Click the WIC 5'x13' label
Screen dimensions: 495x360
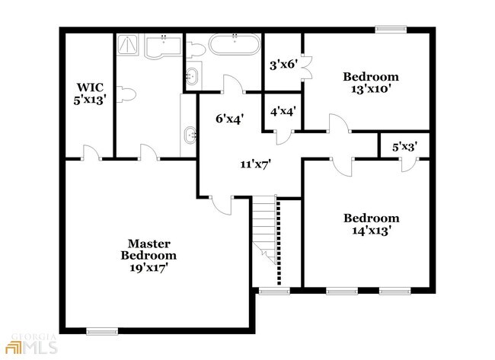[90, 94]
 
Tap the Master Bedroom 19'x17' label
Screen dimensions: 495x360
[148, 256]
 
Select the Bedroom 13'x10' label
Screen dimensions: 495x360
[371, 83]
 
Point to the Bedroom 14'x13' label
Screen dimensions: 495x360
[372, 225]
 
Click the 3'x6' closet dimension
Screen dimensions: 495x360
[284, 65]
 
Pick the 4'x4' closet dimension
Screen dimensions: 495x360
[283, 111]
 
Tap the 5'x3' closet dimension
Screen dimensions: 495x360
[405, 147]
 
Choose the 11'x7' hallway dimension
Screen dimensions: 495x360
[256, 164]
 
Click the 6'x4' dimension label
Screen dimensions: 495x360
[230, 119]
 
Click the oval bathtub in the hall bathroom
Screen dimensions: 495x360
[235, 44]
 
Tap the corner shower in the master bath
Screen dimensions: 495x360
[127, 45]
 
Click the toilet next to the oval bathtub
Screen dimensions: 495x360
[196, 49]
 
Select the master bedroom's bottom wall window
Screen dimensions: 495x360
[102, 331]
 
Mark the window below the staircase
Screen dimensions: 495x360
[274, 292]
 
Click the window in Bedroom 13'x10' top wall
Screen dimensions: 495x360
[391, 30]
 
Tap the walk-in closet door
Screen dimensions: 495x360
[92, 152]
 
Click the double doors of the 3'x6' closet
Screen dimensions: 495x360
[307, 68]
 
